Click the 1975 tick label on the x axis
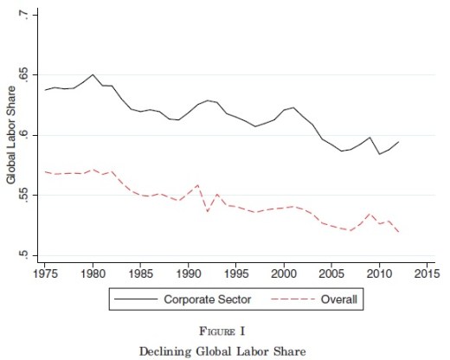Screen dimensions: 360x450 point(45,273)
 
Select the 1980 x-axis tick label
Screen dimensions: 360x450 point(93,273)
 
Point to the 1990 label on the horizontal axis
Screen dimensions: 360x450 point(189,273)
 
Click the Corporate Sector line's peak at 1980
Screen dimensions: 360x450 point(93,74)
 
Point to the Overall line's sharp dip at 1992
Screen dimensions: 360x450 point(208,212)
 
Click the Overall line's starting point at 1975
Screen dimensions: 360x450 point(45,171)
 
